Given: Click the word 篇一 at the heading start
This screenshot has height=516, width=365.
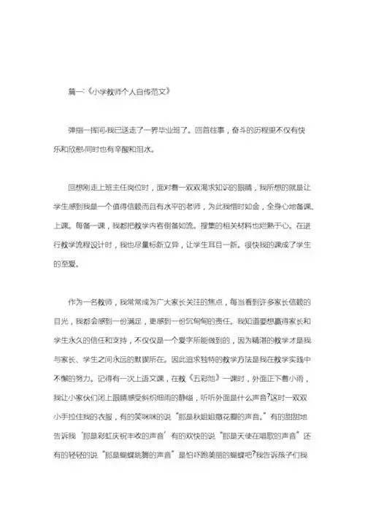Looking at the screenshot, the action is (74, 93).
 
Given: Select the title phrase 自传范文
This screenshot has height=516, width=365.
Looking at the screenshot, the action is (147, 93).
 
